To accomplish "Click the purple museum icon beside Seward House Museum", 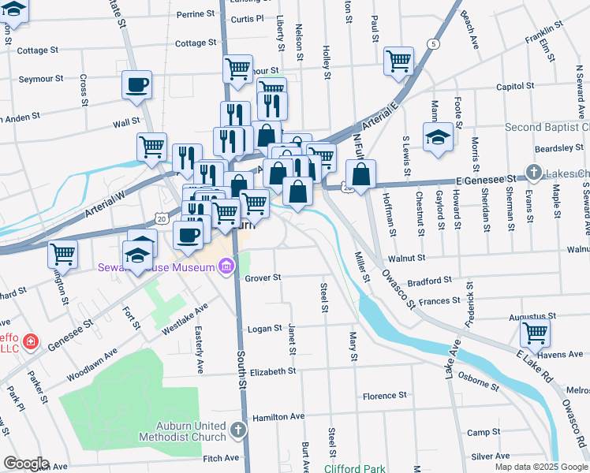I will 226,268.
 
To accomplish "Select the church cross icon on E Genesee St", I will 534,172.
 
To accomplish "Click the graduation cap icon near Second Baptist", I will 438,136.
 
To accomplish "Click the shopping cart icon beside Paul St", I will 399,60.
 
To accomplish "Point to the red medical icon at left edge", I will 30,341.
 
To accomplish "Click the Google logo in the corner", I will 25,464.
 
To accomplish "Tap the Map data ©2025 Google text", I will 540,467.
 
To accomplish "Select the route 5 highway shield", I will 433,43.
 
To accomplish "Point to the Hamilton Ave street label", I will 278,416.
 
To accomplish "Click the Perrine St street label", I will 196,14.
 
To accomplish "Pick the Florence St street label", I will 384,395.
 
